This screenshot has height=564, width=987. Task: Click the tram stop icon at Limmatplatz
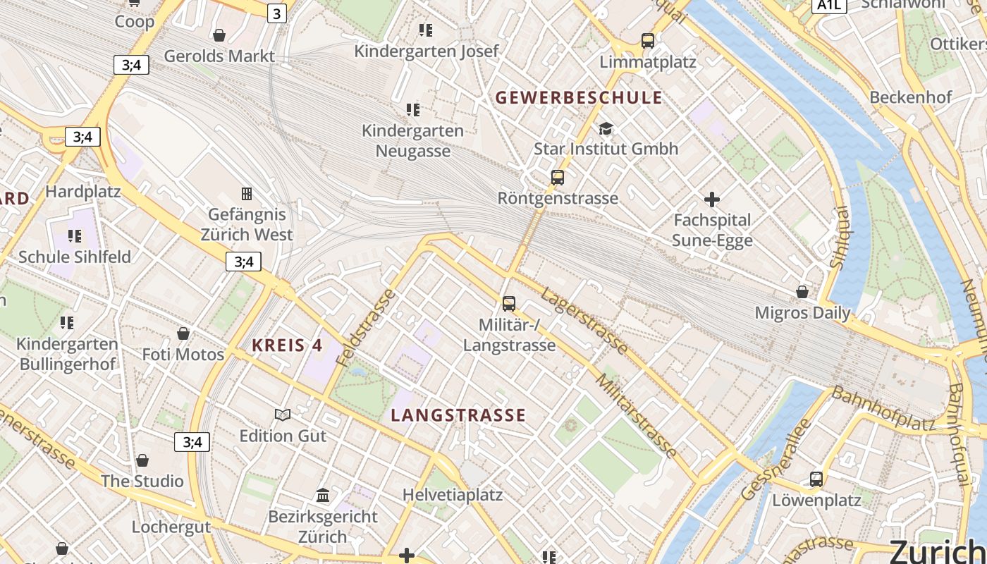(x=648, y=41)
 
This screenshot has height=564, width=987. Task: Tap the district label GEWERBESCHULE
(x=579, y=97)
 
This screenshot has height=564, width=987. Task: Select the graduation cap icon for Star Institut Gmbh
(x=606, y=128)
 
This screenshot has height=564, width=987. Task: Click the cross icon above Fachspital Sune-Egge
(x=712, y=200)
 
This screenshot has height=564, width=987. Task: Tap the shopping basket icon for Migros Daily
(x=802, y=292)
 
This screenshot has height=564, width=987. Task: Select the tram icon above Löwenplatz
(x=816, y=479)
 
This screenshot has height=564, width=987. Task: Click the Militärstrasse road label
(x=637, y=416)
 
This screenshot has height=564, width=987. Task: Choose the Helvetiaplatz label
(x=453, y=495)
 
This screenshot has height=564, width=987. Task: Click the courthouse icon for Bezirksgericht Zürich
(x=323, y=496)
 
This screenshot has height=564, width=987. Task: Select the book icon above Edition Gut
(x=283, y=415)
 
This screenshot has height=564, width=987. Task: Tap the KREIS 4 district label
(x=287, y=345)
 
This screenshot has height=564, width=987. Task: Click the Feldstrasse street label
(x=365, y=327)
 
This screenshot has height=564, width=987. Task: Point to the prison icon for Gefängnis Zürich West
(x=247, y=193)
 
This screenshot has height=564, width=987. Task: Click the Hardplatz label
(x=83, y=191)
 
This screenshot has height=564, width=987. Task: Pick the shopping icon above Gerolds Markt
(x=219, y=35)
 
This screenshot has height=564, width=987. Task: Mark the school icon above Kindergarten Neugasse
(x=413, y=109)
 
